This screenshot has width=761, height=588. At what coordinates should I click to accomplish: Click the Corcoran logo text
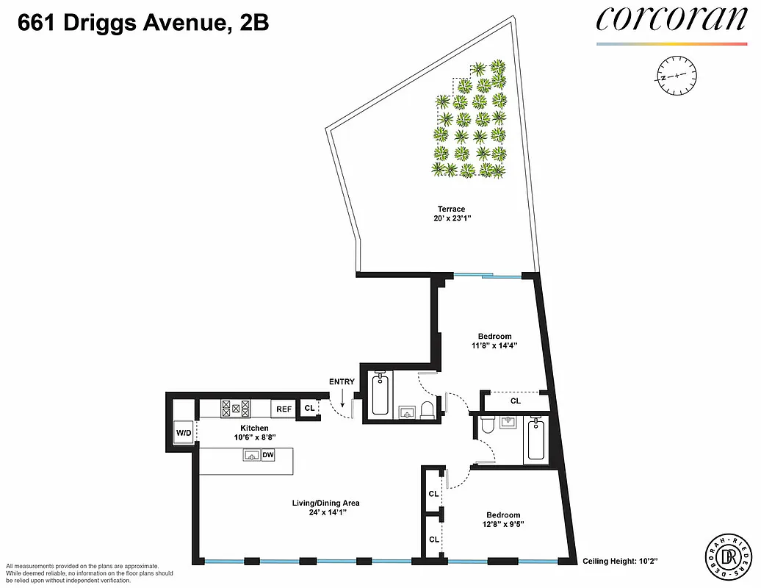[x=671, y=20]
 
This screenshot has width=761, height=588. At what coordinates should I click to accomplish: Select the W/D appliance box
[x=183, y=433]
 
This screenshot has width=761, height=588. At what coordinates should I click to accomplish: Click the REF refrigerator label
[x=282, y=409]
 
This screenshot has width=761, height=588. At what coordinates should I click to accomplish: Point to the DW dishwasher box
[x=268, y=456]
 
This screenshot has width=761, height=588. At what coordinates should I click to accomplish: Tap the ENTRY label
[x=342, y=381]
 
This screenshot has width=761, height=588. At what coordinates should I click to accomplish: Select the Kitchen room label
[x=254, y=428]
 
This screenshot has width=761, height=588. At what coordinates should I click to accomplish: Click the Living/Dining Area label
[x=324, y=503]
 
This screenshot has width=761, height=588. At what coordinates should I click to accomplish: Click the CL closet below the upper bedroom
[x=515, y=401]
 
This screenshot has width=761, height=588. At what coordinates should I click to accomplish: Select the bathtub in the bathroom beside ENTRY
[x=380, y=395]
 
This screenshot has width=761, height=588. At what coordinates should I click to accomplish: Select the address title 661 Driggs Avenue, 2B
[x=143, y=24]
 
